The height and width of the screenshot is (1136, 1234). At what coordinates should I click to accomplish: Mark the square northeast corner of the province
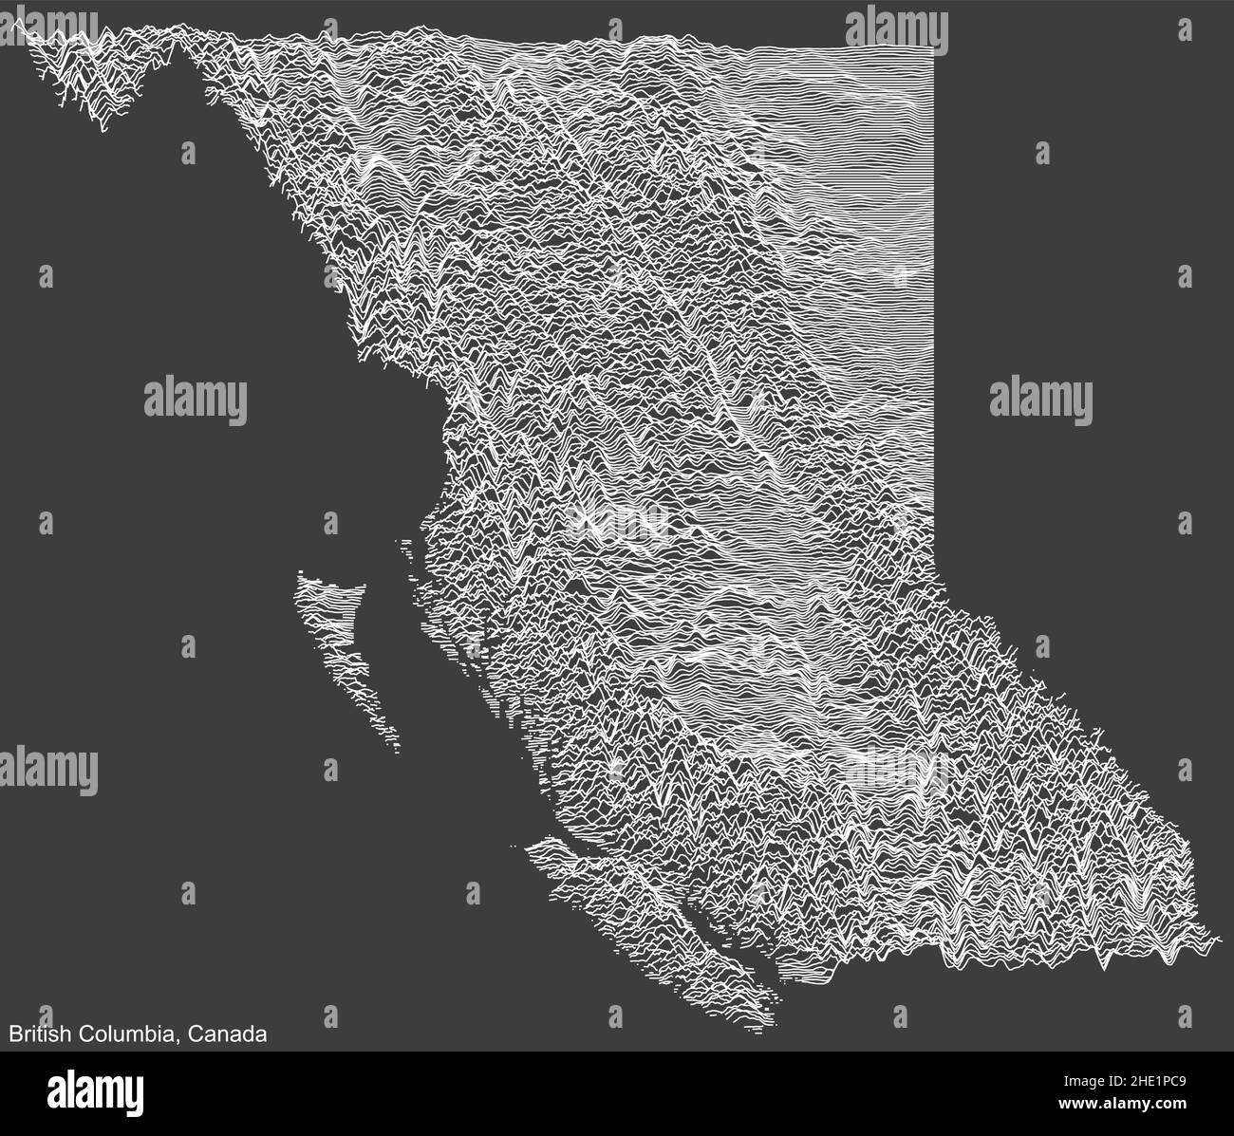934,48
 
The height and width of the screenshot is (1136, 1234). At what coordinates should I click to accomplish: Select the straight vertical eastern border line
936,285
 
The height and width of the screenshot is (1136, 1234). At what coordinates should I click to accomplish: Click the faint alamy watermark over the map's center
617,520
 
